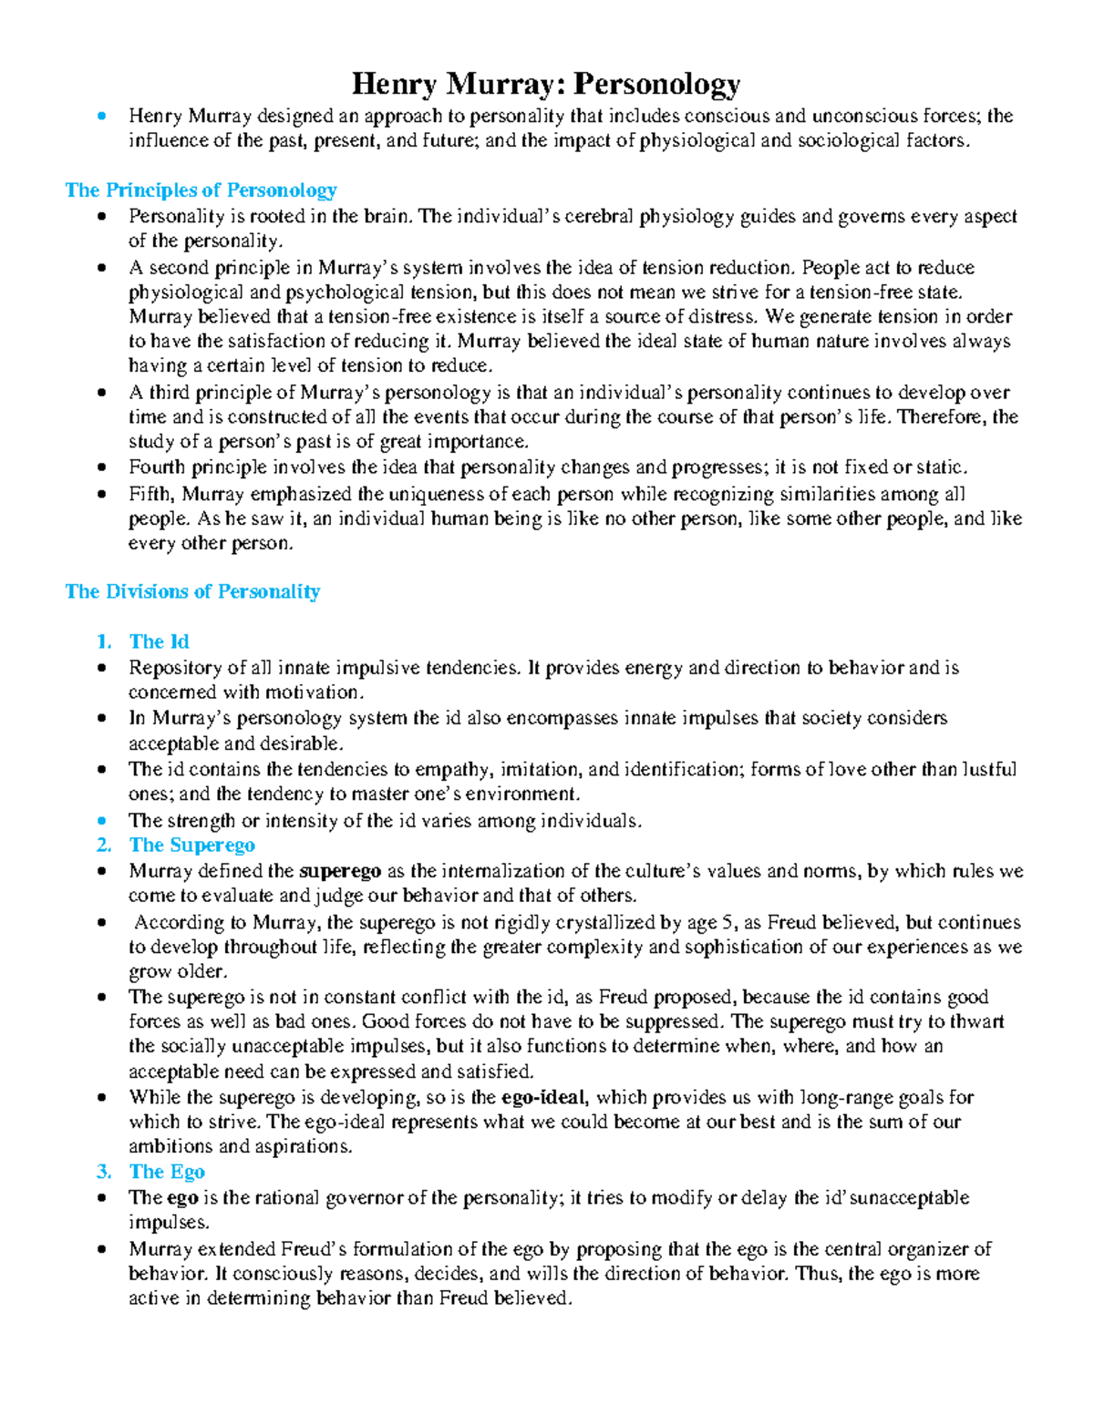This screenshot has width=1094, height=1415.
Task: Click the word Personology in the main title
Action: click(655, 85)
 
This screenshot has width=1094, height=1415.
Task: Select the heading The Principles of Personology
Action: click(201, 190)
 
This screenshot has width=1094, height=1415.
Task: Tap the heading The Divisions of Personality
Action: click(192, 591)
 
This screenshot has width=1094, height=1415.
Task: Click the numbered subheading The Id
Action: click(159, 641)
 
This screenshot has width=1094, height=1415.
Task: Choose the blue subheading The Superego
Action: click(191, 846)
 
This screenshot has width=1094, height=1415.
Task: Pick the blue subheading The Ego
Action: click(167, 1172)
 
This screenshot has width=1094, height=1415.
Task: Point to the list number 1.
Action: click(103, 641)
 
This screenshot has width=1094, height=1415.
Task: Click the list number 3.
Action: click(103, 1172)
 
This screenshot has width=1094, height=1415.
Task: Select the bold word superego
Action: click(340, 871)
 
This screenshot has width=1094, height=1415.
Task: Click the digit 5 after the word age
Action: click(728, 922)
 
